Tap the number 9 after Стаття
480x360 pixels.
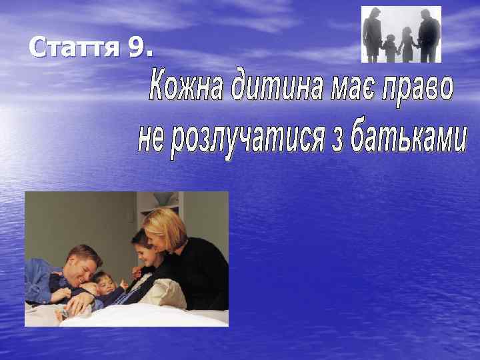point(139,47)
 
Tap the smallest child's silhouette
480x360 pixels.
point(389,47)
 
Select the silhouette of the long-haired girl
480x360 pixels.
point(406,45)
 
